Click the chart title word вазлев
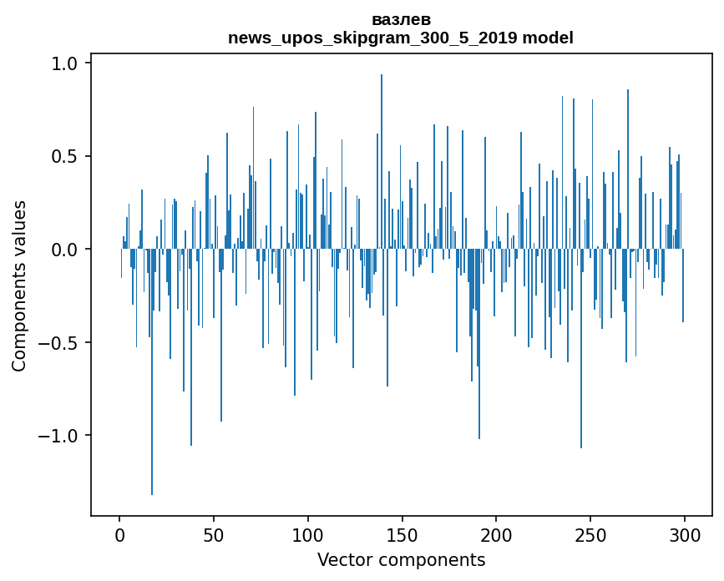(x=401, y=19)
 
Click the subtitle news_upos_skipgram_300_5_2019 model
(x=401, y=38)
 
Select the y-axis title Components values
(x=19, y=285)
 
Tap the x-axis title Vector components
(x=401, y=559)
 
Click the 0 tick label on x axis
(x=119, y=534)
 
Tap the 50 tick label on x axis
(x=214, y=534)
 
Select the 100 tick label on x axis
(x=308, y=534)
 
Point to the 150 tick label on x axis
(x=403, y=534)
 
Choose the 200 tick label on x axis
(x=496, y=534)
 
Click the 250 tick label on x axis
(x=590, y=534)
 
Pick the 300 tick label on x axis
(x=685, y=534)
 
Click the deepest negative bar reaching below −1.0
(x=152, y=376)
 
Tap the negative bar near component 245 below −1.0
(x=581, y=351)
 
